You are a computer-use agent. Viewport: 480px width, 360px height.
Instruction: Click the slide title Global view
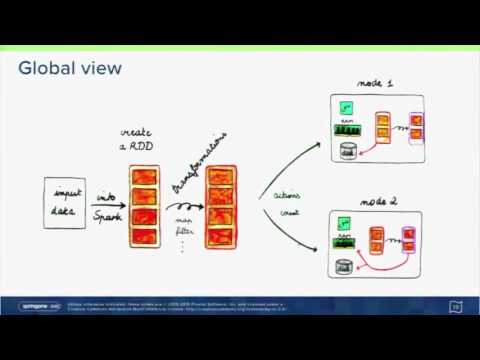[x=70, y=68]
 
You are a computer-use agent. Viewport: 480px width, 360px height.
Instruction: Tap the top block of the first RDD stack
[x=145, y=179]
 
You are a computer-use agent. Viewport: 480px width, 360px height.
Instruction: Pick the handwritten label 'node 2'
[x=379, y=202]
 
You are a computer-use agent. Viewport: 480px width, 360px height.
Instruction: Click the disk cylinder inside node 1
[x=347, y=150]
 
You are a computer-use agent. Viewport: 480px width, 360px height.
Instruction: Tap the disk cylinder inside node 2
[x=344, y=265]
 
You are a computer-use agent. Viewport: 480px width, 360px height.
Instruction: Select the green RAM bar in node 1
[x=350, y=129]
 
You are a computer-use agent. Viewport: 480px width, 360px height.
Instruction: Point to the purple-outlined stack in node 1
[x=415, y=126]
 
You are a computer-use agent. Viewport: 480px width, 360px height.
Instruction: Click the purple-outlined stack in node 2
[x=408, y=240]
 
